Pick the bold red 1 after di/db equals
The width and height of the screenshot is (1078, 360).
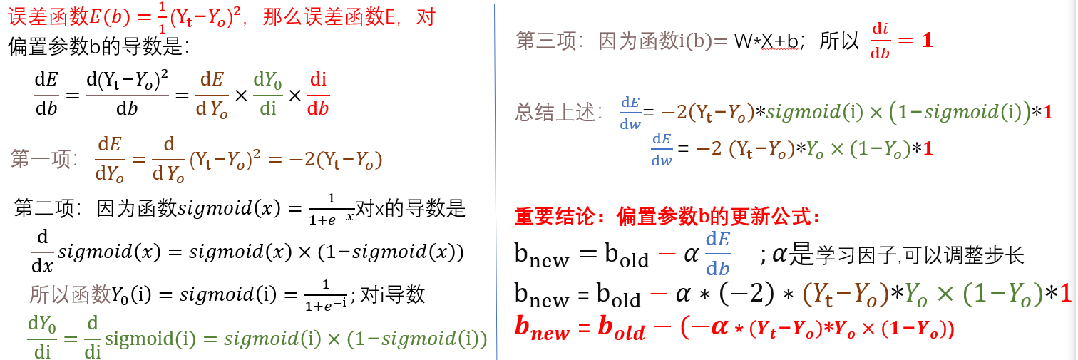pyautogui.click(x=927, y=41)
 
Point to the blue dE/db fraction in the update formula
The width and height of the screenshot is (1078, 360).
pyautogui.click(x=718, y=254)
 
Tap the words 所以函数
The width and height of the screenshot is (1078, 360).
pyautogui.click(x=69, y=294)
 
